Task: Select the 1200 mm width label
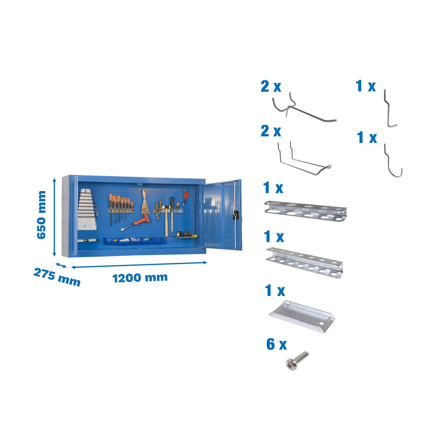pos(140,278)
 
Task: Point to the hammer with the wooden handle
pos(166,221)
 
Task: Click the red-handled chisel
pos(135,223)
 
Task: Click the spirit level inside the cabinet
pos(88,240)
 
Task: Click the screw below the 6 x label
pos(297,361)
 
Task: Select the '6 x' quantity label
pos(276,344)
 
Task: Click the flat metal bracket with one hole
pos(302,317)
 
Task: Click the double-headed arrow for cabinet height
pos(54,217)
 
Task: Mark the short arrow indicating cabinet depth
pos(61,265)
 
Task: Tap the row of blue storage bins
pos(134,241)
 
